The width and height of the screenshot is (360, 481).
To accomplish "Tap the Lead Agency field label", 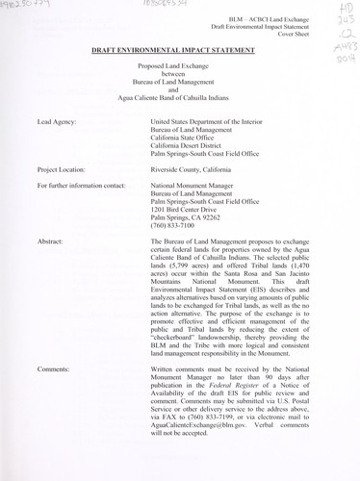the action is [57, 123].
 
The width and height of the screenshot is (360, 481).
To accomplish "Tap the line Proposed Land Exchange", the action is [178, 66].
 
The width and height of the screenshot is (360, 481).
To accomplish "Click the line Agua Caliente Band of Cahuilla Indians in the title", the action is [178, 99].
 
